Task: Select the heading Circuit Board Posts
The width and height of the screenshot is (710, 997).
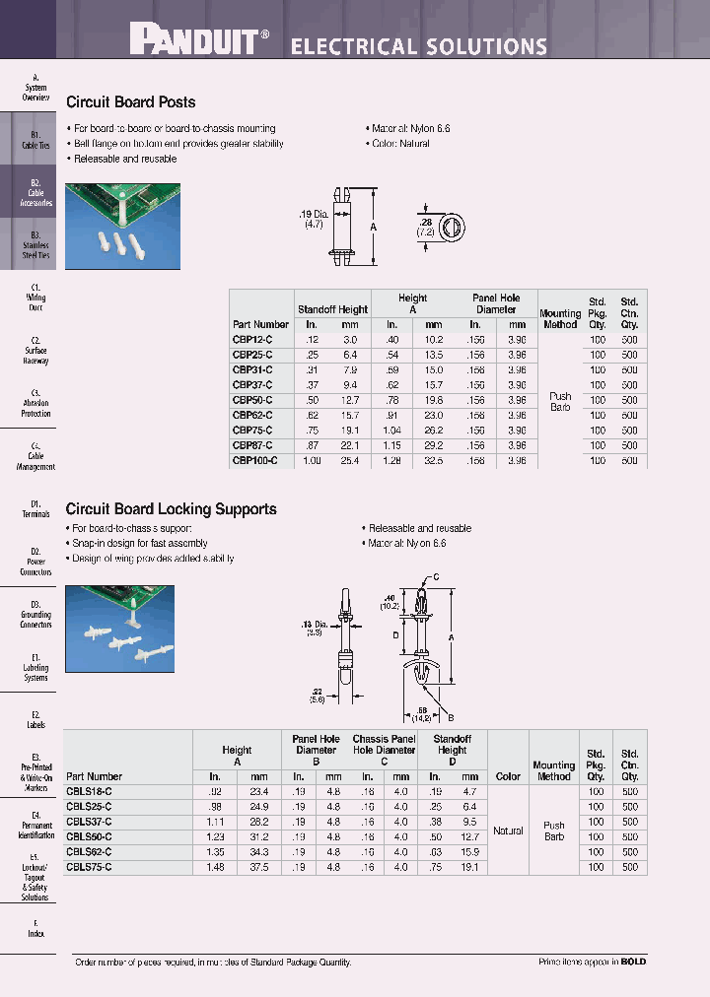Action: pos(130,102)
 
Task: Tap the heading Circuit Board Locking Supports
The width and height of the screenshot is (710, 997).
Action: pos(171,509)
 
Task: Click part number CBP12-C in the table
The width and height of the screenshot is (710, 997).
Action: pos(252,340)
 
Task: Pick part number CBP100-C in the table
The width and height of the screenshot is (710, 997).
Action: pos(254,460)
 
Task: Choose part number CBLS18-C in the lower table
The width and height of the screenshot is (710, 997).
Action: pos(89,792)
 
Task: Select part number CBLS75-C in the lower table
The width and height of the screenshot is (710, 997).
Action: pos(89,868)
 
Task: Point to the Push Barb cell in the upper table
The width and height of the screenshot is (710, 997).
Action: pos(560,401)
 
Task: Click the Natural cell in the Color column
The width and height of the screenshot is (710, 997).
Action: pos(508,831)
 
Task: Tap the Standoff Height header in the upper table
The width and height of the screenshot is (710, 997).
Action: pos(332,309)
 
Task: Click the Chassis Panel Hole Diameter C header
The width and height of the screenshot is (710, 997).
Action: pos(384,749)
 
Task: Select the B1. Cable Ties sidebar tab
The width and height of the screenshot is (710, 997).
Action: pos(35,140)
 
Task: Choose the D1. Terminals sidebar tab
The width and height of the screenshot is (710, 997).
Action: pos(35,509)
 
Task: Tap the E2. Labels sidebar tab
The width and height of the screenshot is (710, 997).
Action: pos(35,719)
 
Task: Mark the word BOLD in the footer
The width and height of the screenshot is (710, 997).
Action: pos(633,962)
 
